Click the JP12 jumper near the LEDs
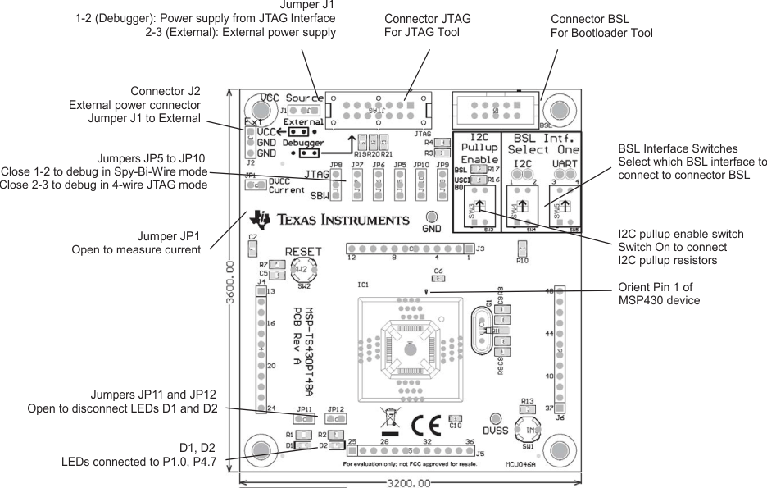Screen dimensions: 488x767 pos(334,419)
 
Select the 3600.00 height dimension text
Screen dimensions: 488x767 pos(231,282)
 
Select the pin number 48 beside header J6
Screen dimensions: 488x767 pos(550,291)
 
